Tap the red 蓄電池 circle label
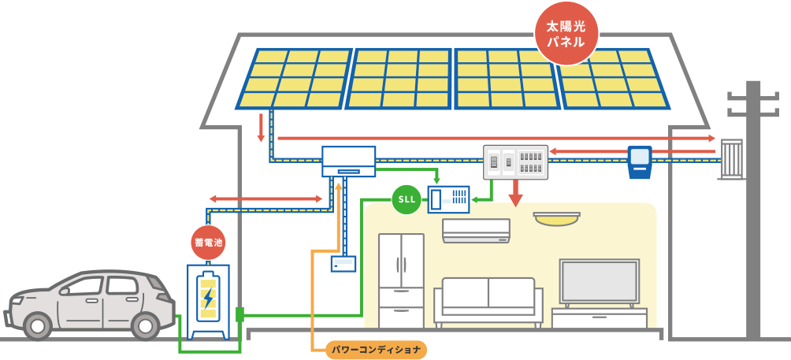(208, 243)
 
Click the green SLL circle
(407, 199)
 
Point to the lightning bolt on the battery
(208, 297)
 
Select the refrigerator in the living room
(401, 280)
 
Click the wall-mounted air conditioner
(476, 229)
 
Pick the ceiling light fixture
(556, 218)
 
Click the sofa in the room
(488, 302)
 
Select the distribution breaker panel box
(514, 161)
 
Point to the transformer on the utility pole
(731, 158)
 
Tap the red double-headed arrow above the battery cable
(266, 199)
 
